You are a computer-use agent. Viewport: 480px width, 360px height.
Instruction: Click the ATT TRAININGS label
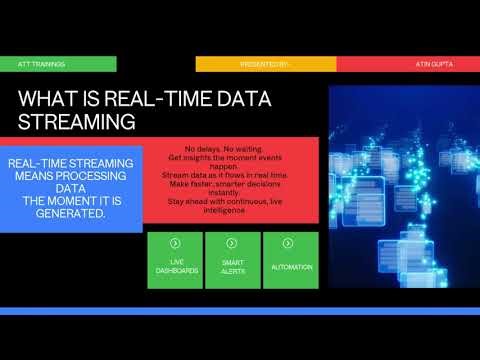click(42, 64)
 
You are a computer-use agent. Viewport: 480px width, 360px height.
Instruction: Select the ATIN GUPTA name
click(434, 64)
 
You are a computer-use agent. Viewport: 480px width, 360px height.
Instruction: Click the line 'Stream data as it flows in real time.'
click(232, 174)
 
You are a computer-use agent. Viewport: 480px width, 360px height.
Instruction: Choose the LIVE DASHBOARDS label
click(175, 267)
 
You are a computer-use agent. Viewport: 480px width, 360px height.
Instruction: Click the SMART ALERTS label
click(232, 267)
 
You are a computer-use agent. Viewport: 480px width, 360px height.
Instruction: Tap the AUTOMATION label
click(291, 267)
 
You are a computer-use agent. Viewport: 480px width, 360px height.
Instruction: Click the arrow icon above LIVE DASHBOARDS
click(175, 243)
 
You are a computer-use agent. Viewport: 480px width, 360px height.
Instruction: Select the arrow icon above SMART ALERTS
click(232, 243)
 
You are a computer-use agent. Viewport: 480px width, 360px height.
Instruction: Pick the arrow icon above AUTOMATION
click(290, 243)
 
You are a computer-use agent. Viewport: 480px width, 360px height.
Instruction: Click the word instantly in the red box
click(233, 193)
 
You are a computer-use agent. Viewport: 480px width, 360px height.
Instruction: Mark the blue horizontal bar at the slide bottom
click(240, 311)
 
